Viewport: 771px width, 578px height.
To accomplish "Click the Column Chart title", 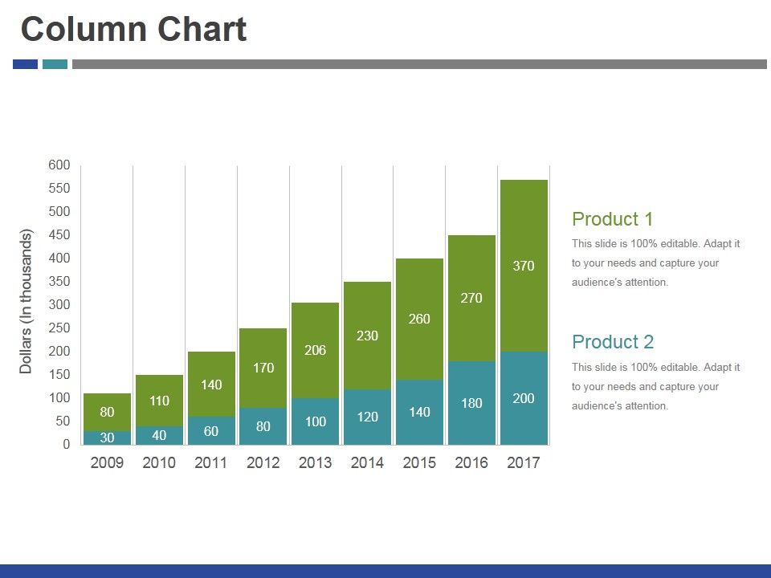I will (133, 30).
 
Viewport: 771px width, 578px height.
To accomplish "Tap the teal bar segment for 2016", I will (471, 403).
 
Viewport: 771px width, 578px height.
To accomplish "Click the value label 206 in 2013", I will (316, 350).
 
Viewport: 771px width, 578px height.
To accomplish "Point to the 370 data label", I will (524, 266).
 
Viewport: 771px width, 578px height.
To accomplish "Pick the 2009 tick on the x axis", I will (107, 463).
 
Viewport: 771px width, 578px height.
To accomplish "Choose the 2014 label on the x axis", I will (367, 463).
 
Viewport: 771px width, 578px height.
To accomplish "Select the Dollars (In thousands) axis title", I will (26, 301).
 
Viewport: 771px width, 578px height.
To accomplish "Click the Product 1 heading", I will (612, 219).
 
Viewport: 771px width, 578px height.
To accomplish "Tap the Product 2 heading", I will (612, 342).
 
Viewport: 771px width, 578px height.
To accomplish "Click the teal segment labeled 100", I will (316, 421).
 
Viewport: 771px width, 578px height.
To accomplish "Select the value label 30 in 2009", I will (107, 438).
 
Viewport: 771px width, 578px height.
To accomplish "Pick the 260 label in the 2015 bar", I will (419, 319).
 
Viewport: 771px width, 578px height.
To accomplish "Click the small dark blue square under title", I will (25, 64).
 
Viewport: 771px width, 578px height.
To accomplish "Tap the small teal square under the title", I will (55, 64).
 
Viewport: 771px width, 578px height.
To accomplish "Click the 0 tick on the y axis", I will (66, 444).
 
